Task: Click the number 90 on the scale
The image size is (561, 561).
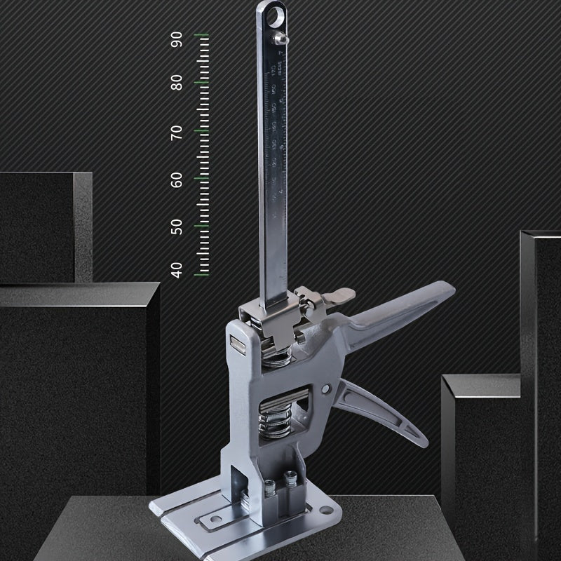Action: pos(177,39)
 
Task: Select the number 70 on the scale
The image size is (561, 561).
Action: pos(177,132)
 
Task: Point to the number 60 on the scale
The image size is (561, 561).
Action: pos(177,180)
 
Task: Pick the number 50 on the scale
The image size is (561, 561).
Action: pos(177,227)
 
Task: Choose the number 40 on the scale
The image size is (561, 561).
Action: pos(177,269)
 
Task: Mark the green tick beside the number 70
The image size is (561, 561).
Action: pos(203,130)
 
